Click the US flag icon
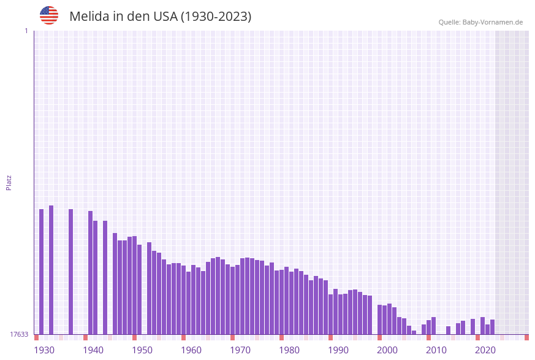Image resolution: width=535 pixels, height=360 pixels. [x=49, y=15]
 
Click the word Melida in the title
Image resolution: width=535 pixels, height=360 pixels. [x=89, y=17]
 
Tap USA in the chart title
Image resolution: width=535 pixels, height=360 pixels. [x=162, y=17]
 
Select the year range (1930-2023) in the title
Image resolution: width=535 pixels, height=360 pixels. [x=216, y=17]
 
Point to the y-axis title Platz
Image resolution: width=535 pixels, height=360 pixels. [x=9, y=182]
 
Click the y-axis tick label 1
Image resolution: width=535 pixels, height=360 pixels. [x=26, y=31]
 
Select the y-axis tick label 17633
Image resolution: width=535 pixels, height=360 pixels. [x=19, y=334]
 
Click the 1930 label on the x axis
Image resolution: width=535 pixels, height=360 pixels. [x=44, y=350]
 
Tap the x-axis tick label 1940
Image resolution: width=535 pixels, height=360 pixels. [x=93, y=350]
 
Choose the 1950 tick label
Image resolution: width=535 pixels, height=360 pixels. [x=142, y=350]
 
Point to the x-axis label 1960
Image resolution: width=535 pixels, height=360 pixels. [x=191, y=350]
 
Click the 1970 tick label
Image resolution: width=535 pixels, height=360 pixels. [x=240, y=350]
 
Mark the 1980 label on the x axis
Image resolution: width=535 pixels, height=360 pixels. [x=289, y=350]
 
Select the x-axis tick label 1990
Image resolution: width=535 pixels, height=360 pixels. [x=338, y=350]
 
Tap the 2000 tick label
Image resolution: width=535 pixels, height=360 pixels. [x=387, y=350]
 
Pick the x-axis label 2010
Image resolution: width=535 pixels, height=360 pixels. [x=436, y=350]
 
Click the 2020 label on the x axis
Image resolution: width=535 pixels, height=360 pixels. [x=485, y=350]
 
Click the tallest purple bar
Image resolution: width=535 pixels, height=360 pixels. [x=51, y=270]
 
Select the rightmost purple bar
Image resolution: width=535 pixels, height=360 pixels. [x=492, y=327]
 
